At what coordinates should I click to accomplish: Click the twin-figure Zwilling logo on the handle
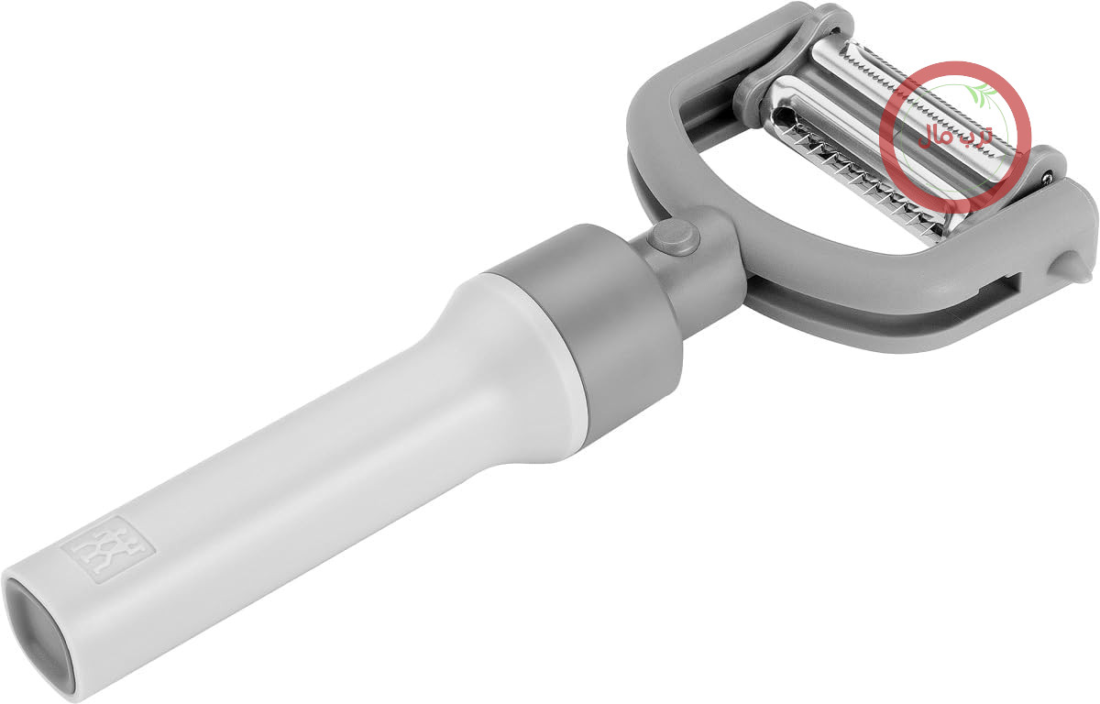108,549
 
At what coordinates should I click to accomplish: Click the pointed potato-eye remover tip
1066,267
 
